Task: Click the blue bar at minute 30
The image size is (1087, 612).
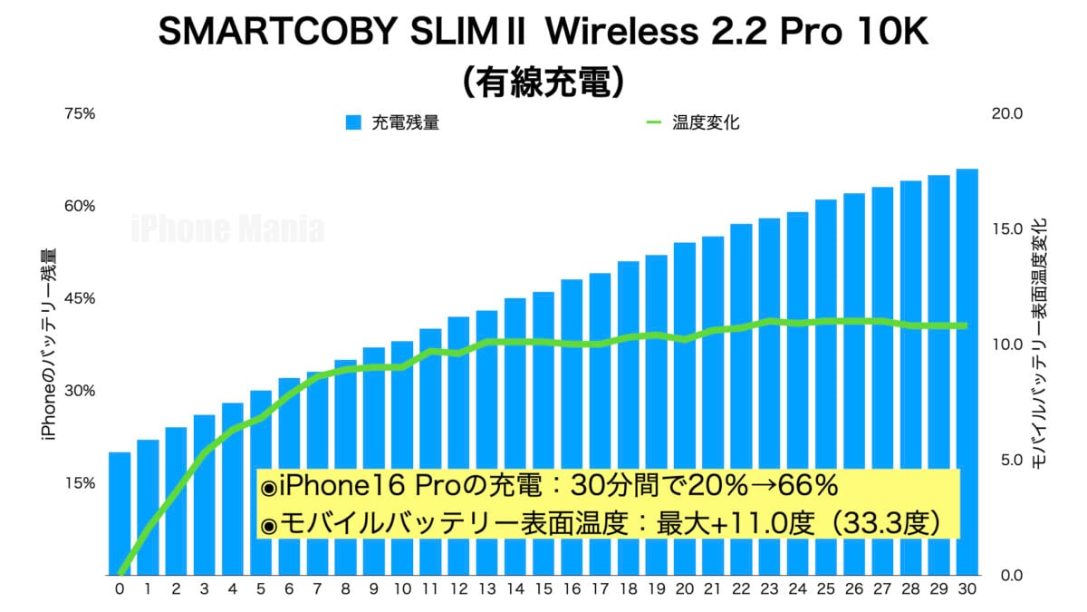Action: tap(967, 372)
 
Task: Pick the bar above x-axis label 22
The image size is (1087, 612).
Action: tap(741, 399)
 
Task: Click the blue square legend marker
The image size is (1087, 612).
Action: tap(354, 122)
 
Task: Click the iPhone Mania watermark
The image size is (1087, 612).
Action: tap(227, 228)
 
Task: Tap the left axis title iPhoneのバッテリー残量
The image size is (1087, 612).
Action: tap(50, 345)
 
